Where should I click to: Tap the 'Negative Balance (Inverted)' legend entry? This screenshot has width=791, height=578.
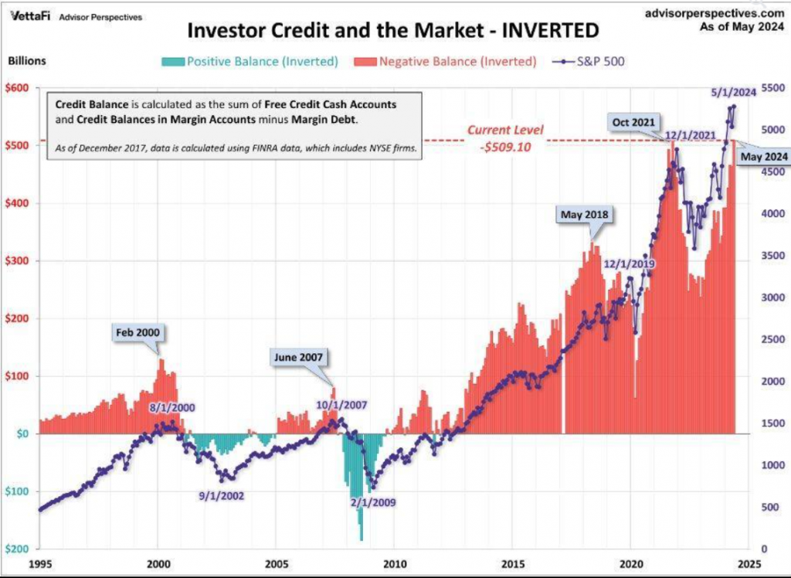point(448,61)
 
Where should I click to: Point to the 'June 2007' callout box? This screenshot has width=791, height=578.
point(297,357)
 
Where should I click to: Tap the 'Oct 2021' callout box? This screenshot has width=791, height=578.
point(635,122)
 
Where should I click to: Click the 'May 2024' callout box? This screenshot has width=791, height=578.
point(763,157)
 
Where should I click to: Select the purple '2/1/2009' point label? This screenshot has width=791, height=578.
point(372,502)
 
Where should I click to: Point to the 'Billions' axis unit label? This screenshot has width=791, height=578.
point(26,60)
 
